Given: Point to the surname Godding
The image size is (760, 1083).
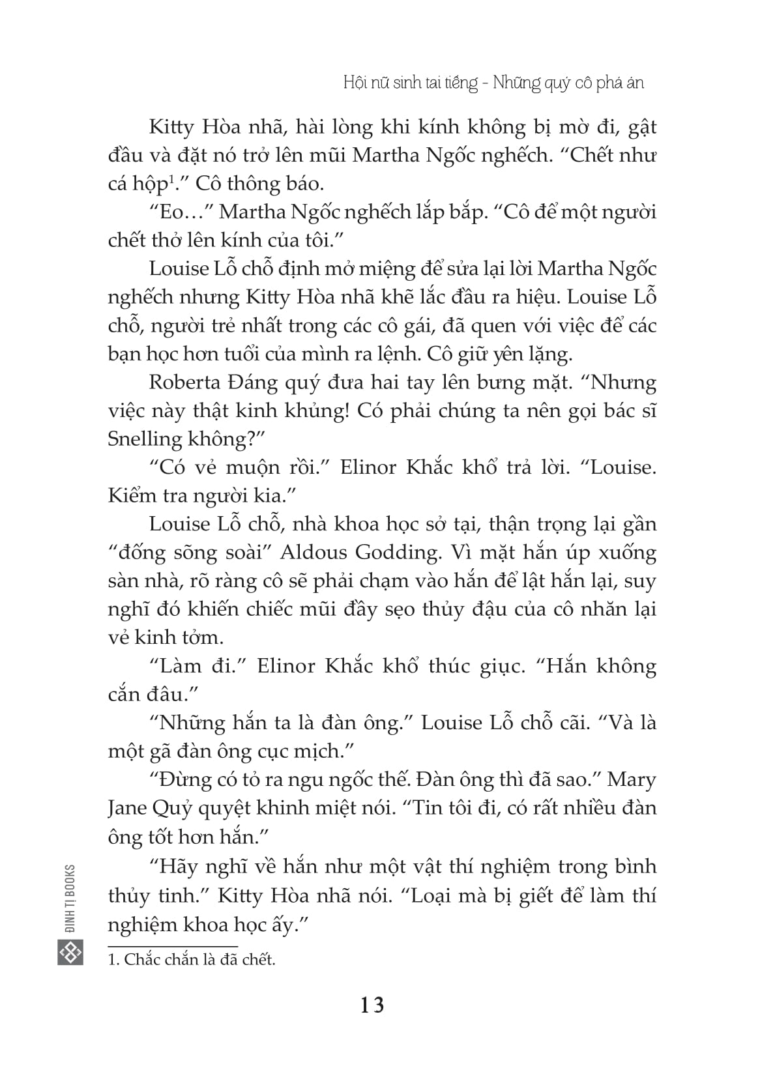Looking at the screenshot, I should coord(398,552).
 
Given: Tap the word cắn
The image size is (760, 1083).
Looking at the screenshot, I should coord(126,694).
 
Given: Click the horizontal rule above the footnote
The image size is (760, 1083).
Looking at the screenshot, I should coord(173,946).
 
